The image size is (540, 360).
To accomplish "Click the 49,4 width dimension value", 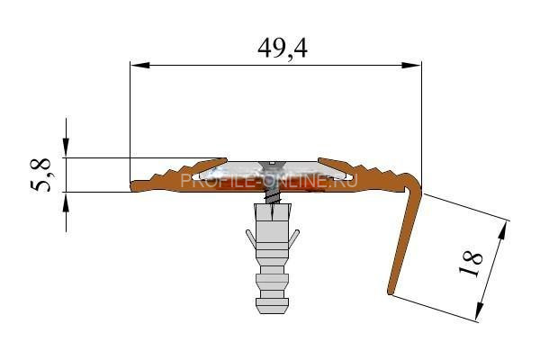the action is click(283, 49).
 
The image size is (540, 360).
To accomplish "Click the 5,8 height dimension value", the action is click(40, 175).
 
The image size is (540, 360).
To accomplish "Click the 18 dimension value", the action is click(471, 265).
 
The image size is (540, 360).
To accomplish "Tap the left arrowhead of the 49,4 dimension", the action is click(139, 65).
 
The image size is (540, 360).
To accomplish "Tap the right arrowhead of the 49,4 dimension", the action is click(411, 65).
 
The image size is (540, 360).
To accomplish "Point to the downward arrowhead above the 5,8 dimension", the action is click(66, 148).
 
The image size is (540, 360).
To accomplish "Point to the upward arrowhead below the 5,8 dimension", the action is click(66, 202).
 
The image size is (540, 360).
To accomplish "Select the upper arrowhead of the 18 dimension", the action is click(503, 230).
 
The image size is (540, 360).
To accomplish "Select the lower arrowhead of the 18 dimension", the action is click(480, 312).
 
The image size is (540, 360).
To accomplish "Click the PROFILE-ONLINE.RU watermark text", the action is click(269, 180).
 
